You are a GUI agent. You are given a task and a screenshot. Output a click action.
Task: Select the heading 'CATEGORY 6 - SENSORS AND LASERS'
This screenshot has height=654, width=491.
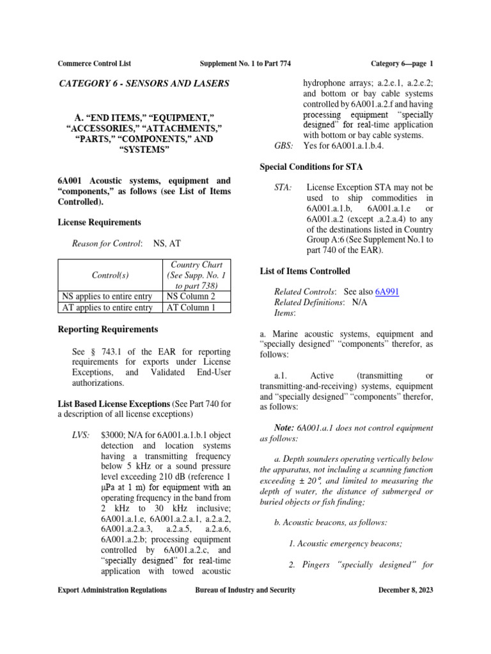[x=144, y=84]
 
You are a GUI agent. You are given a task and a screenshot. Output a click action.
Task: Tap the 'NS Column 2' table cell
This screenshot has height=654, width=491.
[x=190, y=296]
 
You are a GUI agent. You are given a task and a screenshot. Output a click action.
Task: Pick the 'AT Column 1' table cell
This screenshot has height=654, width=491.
[x=190, y=307]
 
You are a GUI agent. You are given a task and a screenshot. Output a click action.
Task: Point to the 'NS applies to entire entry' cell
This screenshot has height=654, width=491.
[x=107, y=296]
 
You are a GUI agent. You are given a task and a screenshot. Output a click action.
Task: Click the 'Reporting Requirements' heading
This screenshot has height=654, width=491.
[x=107, y=330]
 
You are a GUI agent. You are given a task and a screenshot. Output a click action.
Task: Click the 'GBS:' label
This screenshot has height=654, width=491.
[x=283, y=146]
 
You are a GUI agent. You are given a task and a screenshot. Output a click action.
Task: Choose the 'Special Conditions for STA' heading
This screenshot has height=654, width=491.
[x=312, y=167]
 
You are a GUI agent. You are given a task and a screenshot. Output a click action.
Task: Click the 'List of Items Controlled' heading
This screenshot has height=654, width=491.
[x=305, y=271]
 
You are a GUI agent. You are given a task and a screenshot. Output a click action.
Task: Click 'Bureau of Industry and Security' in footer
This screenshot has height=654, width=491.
[x=245, y=591]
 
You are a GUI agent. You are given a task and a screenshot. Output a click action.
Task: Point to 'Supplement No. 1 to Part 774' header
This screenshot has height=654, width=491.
[x=245, y=63]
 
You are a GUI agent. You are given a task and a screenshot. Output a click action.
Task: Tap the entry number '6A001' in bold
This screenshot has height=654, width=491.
[x=70, y=181]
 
